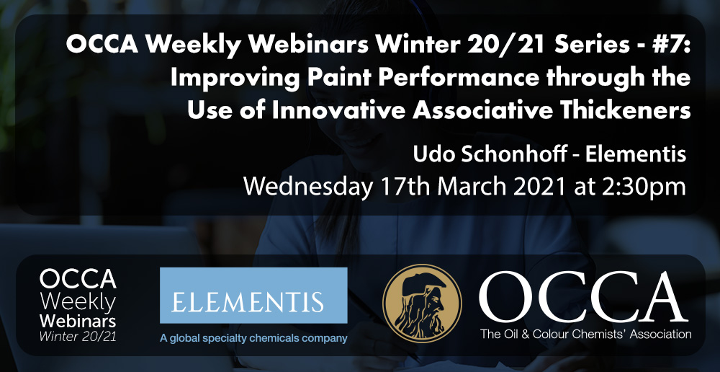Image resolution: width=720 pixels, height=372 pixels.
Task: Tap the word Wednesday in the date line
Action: pos(307,187)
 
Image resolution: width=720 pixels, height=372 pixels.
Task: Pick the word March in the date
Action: pos(469,187)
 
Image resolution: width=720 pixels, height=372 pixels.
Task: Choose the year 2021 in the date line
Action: pos(535,187)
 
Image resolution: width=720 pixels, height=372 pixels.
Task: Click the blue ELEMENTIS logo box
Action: pos(253,295)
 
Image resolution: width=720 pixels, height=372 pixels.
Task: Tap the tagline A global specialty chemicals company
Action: pos(253,339)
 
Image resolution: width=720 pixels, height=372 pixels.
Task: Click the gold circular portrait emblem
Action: pos(422,304)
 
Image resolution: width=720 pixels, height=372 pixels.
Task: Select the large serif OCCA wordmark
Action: pos(583,297)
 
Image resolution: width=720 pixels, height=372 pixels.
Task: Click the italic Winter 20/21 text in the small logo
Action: pos(78,336)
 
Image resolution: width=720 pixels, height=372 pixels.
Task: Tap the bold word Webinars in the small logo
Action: pos(78,321)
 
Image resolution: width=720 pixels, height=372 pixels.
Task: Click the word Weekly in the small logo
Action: pos(78,304)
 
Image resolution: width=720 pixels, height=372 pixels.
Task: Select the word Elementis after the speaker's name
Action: pos(636,154)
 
